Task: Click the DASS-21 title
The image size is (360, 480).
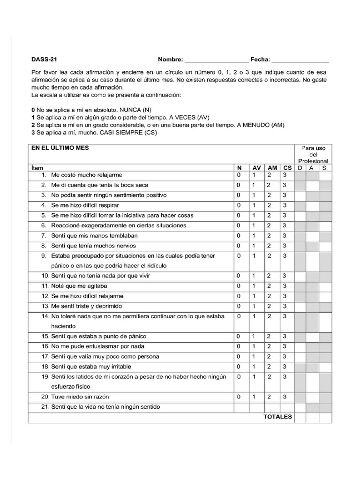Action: (45, 60)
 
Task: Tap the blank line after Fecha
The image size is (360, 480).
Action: (300, 60)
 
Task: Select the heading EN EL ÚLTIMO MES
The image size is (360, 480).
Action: (60, 148)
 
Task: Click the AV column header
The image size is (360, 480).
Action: (256, 168)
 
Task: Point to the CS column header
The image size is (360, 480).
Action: (287, 168)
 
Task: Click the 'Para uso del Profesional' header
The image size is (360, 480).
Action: (313, 154)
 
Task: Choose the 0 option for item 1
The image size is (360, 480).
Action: (239, 175)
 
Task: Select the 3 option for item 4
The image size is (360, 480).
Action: (285, 205)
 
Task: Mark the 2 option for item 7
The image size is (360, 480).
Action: (269, 235)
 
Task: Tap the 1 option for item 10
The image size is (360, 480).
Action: (254, 276)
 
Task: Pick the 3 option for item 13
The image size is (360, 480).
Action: (285, 306)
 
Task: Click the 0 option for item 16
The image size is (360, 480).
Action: (239, 346)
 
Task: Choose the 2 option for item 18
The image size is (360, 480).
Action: (269, 367)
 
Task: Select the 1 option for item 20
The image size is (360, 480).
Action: (254, 397)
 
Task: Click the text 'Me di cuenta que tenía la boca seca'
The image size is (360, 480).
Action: (99, 185)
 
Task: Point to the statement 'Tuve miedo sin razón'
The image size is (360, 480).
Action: (81, 397)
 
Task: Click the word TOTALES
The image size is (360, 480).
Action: (277, 417)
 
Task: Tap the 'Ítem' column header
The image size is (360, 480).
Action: (37, 168)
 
